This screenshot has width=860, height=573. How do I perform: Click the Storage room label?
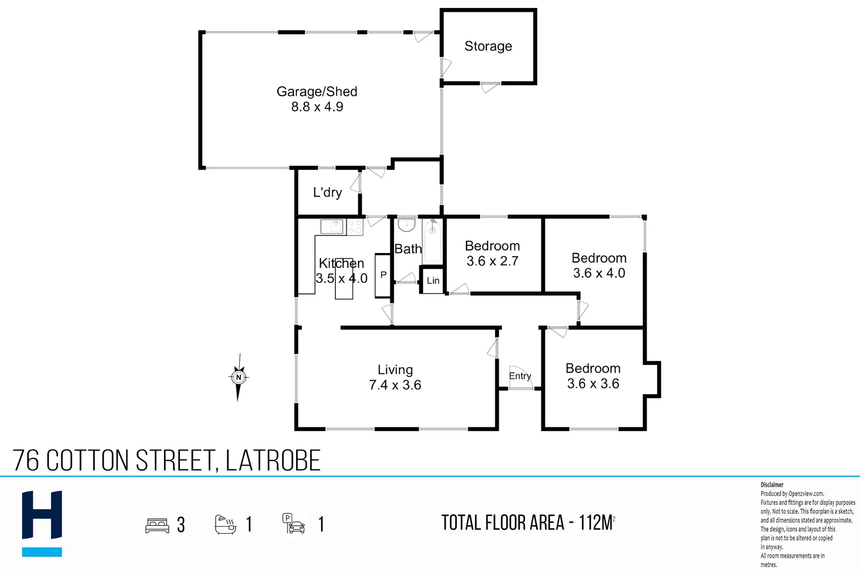(488, 46)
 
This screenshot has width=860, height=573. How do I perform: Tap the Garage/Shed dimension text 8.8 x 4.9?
(317, 107)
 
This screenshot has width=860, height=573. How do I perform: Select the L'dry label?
(327, 192)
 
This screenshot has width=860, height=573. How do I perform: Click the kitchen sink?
(332, 227)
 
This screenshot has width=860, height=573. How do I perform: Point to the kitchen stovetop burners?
(355, 227)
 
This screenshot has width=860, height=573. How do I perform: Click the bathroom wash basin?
(406, 225)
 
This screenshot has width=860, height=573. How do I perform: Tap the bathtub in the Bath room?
(433, 241)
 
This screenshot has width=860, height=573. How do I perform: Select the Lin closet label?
(433, 281)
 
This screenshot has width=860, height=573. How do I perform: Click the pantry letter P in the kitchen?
(383, 274)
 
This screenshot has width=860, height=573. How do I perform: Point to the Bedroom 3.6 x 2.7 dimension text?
(492, 261)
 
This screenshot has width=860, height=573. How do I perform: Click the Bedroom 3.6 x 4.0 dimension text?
(599, 273)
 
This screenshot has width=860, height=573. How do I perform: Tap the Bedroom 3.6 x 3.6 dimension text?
(593, 383)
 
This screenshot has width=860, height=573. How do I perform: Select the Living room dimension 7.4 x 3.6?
(395, 385)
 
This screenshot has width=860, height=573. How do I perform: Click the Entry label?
(520, 376)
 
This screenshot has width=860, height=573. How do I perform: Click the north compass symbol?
(239, 378)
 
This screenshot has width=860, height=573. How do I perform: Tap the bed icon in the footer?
(157, 525)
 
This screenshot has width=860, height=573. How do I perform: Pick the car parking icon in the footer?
(293, 524)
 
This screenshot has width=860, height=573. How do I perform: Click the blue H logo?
(42, 524)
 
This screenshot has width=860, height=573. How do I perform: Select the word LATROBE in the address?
(273, 460)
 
